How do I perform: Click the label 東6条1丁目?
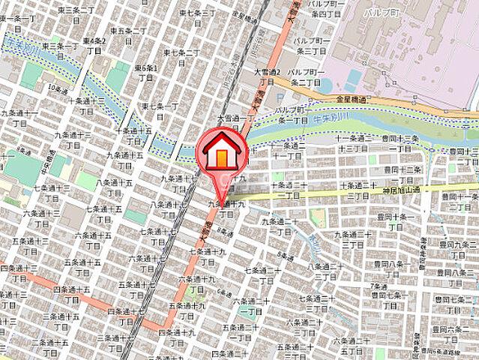tap(145, 73)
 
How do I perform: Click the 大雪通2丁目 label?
tap(266, 77)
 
